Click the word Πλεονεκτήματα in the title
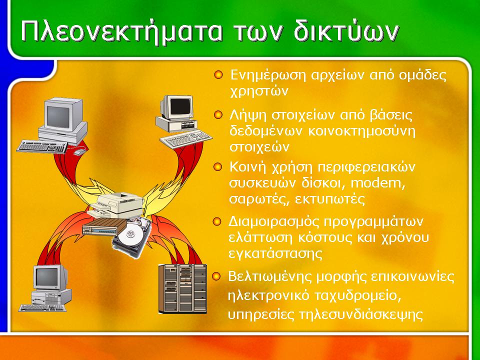point(121,31)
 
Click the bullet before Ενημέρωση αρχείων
point(218,74)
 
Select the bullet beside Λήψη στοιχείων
point(218,115)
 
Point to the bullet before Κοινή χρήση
point(217,167)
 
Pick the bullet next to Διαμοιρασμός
point(217,221)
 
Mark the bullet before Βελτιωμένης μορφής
point(216,276)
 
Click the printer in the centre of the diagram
point(116,205)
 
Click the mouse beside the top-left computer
point(78,152)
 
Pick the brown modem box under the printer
point(104,227)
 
